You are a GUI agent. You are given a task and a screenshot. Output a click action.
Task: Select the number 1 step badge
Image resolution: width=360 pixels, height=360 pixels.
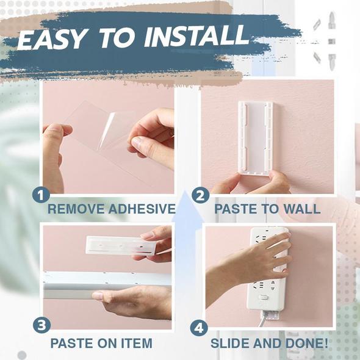[41, 195]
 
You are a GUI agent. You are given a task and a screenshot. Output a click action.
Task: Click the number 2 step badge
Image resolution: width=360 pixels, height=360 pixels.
[200, 195]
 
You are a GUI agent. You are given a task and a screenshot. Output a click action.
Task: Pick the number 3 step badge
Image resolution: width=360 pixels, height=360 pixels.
[41, 325]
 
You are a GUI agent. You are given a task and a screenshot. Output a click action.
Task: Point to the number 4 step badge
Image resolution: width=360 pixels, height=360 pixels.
[199, 328]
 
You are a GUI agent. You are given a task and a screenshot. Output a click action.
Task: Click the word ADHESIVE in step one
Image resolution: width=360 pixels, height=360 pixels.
[142, 209]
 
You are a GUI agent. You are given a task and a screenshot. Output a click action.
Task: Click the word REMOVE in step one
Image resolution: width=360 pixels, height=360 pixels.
[76, 209]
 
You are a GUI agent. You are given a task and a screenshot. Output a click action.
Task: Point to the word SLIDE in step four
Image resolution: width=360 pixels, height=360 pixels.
[230, 344]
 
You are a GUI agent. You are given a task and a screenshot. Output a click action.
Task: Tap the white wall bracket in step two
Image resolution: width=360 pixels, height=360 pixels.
[256, 138]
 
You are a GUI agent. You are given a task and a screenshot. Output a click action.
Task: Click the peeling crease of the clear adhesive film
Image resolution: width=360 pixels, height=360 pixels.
[106, 130]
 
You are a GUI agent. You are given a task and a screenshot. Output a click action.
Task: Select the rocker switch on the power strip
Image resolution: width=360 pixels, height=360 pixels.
[264, 297]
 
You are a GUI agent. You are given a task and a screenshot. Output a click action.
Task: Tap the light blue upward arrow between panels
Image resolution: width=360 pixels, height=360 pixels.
[187, 229]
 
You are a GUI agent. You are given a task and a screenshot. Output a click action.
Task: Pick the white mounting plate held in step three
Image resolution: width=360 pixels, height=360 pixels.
[120, 245]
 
